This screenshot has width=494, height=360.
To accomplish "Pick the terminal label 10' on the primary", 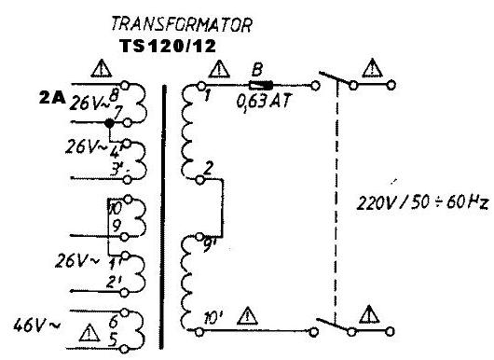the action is (x=213, y=320).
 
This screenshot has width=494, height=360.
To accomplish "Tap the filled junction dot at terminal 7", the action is (x=109, y=122).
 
